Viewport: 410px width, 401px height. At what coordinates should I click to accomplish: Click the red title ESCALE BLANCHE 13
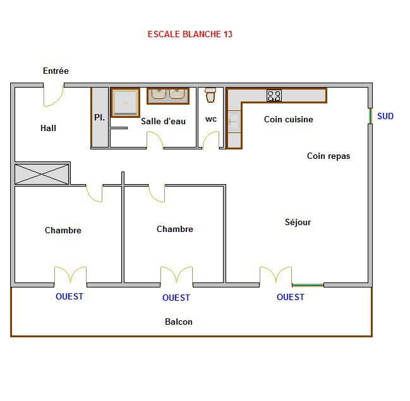190,34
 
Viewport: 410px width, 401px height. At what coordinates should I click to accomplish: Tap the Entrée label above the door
56,71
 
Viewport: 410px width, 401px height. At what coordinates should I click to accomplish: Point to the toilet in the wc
210,95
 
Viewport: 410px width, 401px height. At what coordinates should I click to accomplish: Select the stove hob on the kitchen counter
274,95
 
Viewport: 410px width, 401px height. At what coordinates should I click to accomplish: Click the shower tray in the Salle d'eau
126,103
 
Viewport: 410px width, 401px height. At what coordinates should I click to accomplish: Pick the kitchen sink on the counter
234,121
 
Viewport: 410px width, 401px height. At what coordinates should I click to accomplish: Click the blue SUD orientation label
385,116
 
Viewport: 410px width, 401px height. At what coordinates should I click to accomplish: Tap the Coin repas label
329,156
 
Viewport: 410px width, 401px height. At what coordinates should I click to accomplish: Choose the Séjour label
298,222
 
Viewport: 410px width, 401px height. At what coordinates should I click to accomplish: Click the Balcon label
179,322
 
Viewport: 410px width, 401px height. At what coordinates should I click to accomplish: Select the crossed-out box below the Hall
42,174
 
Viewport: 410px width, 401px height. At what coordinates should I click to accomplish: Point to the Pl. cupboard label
99,117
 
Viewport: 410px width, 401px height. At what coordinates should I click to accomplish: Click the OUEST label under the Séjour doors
291,297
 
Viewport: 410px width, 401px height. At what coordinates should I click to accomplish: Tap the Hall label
48,128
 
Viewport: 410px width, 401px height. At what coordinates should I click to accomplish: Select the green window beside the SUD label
370,116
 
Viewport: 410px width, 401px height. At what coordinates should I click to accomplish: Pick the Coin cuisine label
289,119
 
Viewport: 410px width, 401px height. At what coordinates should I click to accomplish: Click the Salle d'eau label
163,121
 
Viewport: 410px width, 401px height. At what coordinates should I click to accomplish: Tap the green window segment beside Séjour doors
308,285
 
